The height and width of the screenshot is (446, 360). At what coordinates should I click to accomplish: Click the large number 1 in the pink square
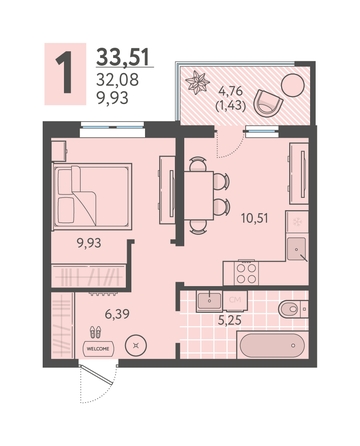pos(64,73)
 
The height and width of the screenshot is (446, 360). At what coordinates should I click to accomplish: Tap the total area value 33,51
pos(123,57)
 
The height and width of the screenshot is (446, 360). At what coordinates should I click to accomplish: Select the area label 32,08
pos(117,80)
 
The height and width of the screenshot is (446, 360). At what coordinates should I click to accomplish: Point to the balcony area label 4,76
pos(230,90)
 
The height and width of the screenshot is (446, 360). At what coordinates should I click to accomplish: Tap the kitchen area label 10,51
pos(255,218)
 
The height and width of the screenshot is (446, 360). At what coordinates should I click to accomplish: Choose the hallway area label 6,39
pos(117,313)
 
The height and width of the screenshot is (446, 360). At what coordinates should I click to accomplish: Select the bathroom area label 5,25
pos(230,320)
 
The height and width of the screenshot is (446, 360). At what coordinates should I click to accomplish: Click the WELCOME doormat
pos(98,349)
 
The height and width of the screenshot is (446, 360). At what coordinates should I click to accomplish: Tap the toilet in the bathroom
pos(293,309)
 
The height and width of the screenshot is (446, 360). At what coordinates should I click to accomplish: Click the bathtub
pos(272,345)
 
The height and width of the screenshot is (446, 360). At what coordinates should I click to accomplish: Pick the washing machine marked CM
pos(235,301)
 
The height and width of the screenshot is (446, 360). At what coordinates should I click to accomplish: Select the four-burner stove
pos(246,273)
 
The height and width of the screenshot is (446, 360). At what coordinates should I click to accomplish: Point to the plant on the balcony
pos(197,82)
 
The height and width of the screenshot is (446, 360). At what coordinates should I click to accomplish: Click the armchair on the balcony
pos(268,103)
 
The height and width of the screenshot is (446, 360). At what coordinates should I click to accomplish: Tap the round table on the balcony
pos(293,85)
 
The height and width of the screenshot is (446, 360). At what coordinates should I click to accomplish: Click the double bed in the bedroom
pos(92,197)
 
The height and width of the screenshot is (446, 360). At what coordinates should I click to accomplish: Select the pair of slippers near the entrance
pos(96,332)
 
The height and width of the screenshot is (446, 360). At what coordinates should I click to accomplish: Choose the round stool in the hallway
pos(136,346)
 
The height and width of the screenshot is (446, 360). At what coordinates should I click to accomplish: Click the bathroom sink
pos(209,301)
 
